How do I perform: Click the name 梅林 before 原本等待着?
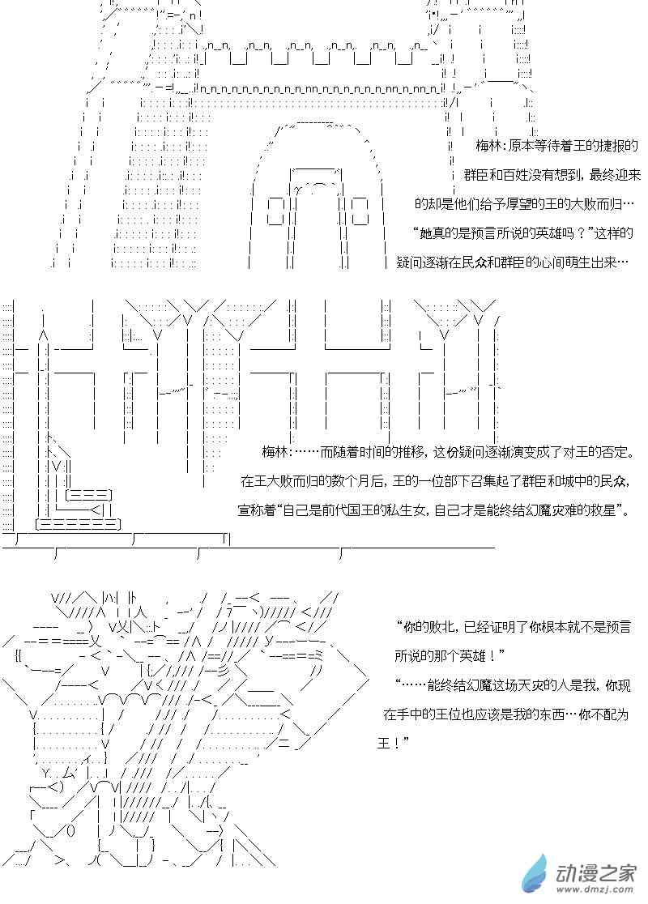click(490, 146)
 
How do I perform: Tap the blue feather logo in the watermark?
click(535, 874)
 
